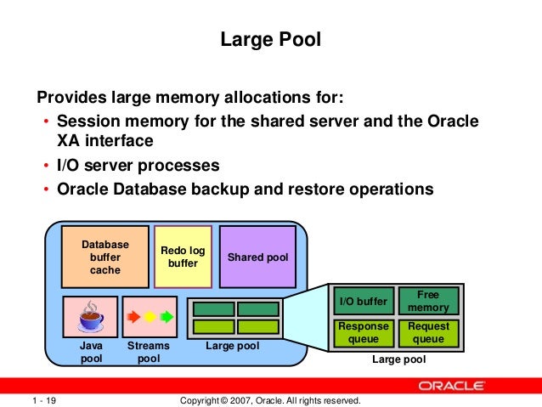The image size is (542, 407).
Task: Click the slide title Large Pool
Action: tap(270, 39)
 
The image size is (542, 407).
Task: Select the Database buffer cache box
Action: tap(104, 257)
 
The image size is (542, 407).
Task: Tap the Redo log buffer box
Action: tap(183, 256)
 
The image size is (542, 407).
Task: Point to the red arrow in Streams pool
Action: tap(133, 318)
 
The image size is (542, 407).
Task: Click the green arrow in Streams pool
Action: tap(167, 318)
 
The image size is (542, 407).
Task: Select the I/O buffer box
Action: tap(363, 301)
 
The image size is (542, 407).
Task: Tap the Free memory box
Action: tap(428, 301)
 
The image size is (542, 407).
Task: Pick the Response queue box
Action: tap(363, 332)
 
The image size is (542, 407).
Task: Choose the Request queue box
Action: tap(428, 332)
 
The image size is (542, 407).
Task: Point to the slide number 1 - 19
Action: tap(44, 400)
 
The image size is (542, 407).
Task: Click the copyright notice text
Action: tap(271, 400)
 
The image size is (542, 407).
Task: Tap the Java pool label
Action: tap(91, 353)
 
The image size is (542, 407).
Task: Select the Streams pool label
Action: tap(148, 353)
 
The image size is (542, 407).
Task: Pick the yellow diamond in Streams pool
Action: tap(150, 318)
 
